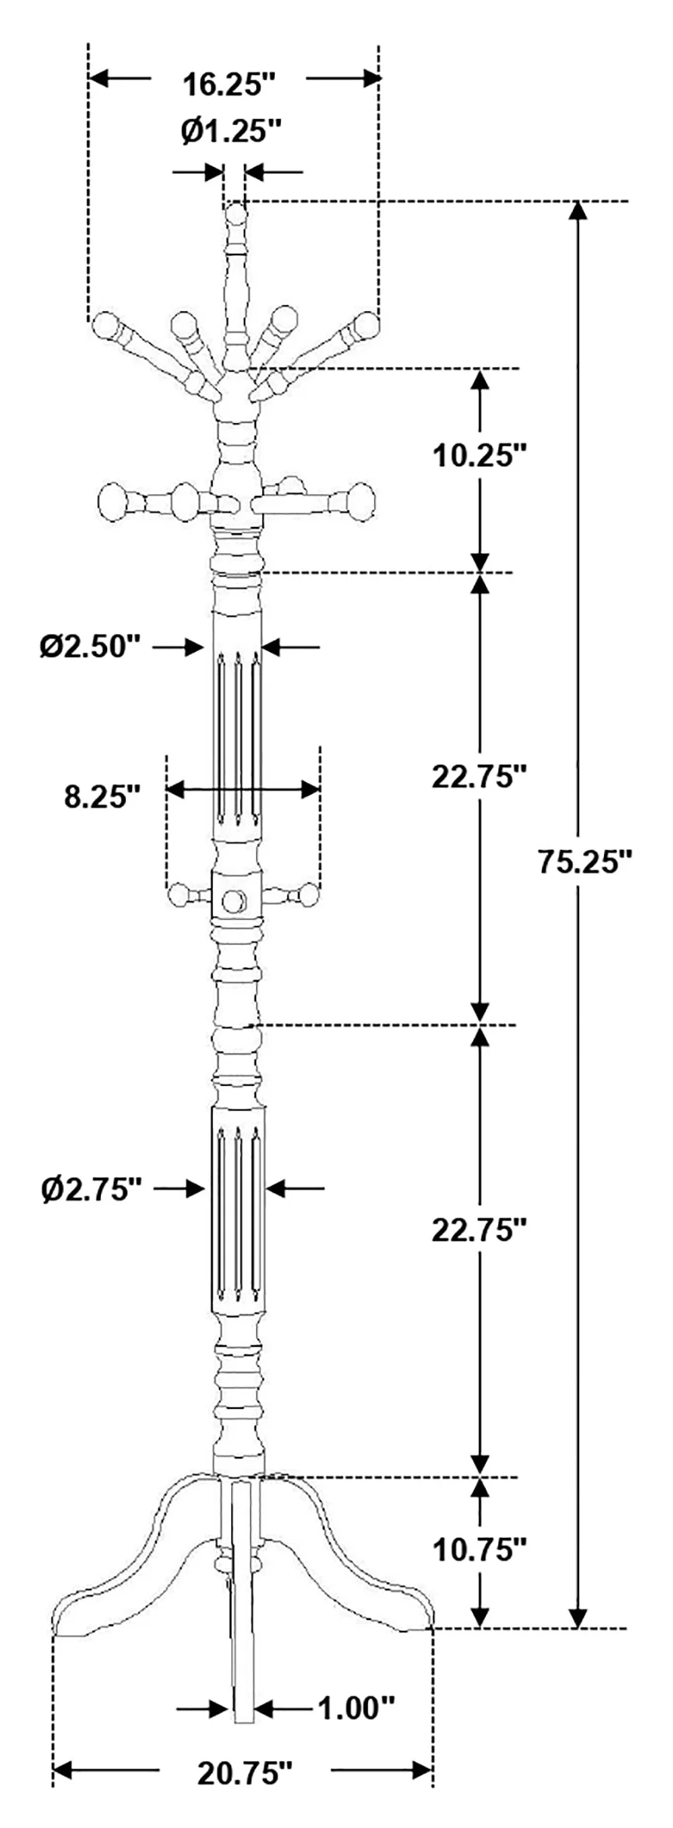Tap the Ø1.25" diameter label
230,131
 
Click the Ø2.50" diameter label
92,646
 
